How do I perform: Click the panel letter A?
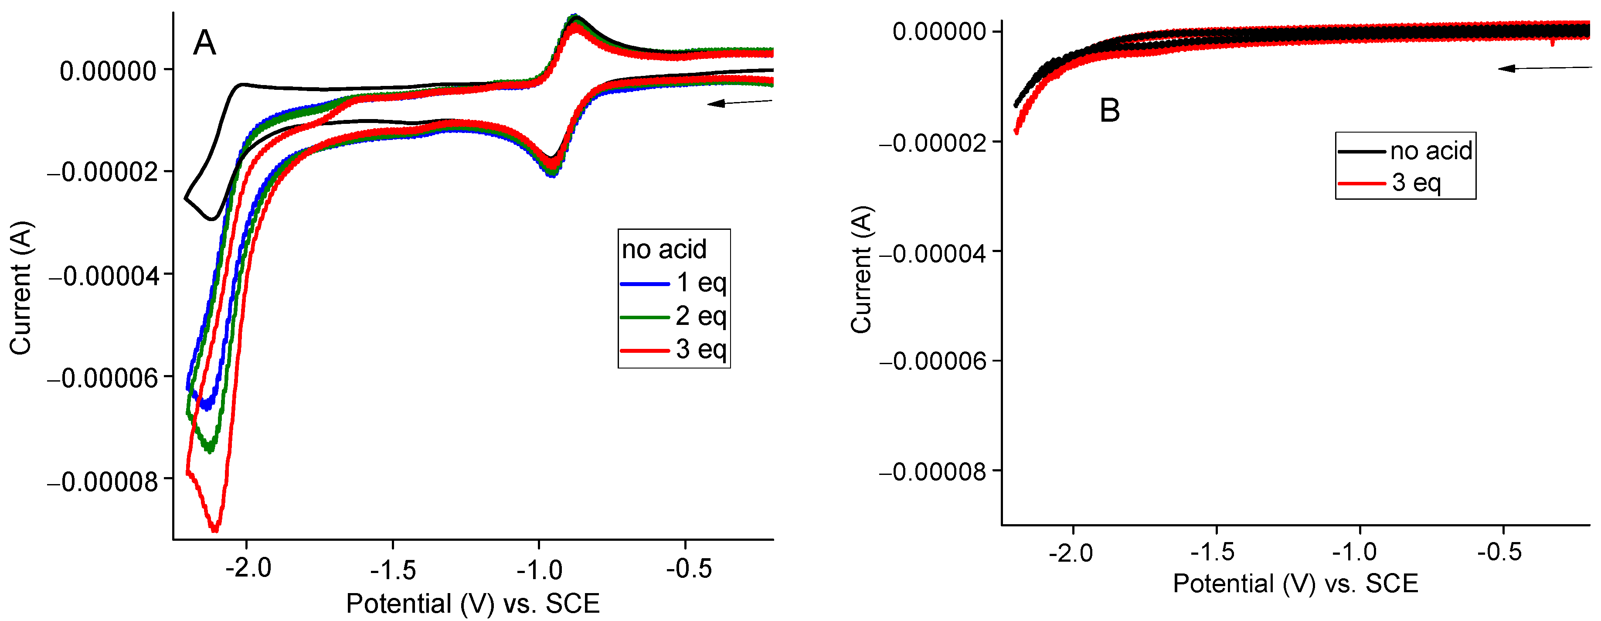click(x=204, y=44)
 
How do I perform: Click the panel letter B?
click(x=1109, y=111)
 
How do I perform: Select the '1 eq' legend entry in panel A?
click(x=674, y=283)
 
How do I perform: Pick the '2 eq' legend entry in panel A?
click(x=674, y=317)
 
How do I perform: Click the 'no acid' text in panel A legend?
click(x=664, y=250)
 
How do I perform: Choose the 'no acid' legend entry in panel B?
click(x=1404, y=151)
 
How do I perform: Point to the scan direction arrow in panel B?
click(x=1544, y=68)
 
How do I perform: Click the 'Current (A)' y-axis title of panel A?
click(x=20, y=288)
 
